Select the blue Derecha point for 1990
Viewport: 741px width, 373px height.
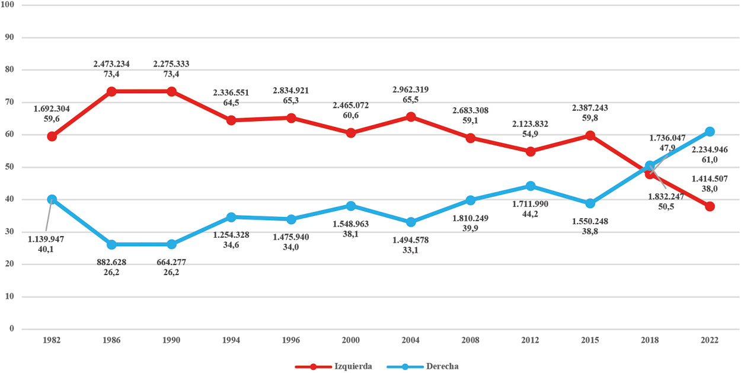point(172,244)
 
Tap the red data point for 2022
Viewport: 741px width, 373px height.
point(710,206)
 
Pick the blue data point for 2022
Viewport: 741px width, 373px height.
point(710,132)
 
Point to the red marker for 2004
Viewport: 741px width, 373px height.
point(411,117)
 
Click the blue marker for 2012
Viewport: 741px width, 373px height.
point(531,186)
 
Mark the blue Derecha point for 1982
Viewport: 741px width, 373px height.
point(52,199)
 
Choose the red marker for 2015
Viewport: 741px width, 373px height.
point(590,135)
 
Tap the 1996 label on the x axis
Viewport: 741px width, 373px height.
point(291,340)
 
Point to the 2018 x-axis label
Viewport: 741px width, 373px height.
point(650,340)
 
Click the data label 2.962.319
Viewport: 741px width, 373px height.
point(410,90)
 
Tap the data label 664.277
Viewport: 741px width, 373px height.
point(172,262)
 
